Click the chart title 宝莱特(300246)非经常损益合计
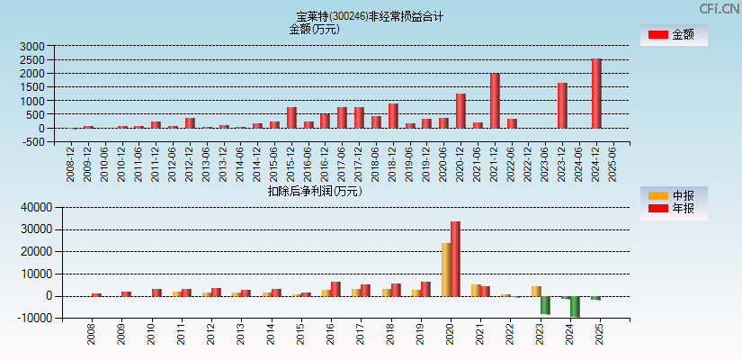(370, 16)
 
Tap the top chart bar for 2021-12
(495, 101)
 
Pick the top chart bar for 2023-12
(562, 105)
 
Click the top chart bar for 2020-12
(460, 111)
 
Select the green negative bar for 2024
(575, 306)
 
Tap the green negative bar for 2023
(545, 305)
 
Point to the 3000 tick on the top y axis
(32, 46)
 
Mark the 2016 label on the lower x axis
(331, 336)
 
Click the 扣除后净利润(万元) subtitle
(315, 190)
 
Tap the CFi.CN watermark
(720, 8)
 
